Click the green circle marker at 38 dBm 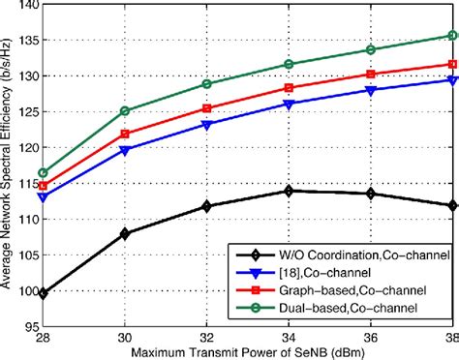[452, 35]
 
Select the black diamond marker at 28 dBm [44, 292]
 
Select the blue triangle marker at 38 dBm [452, 80]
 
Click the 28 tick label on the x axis [44, 340]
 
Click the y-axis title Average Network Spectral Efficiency [8, 165]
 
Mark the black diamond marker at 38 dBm [452, 205]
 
